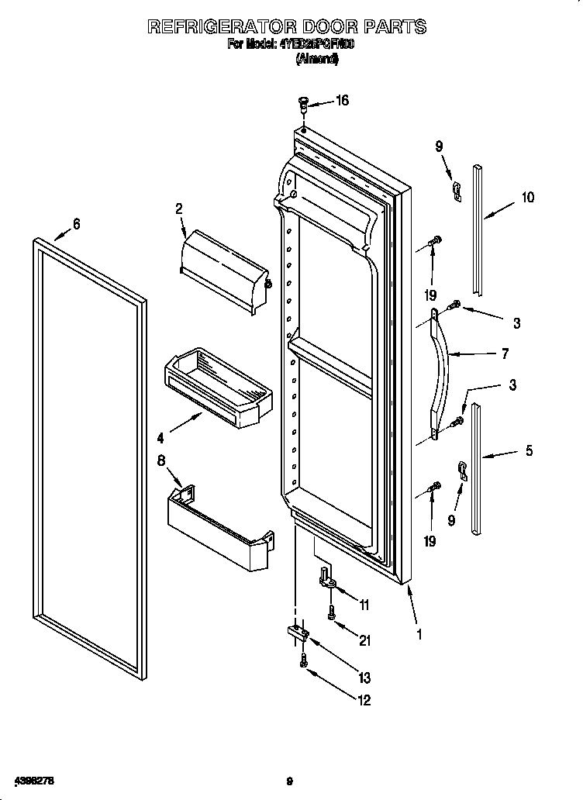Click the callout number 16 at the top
point(341,100)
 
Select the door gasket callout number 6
point(76,224)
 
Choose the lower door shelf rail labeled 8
point(219,531)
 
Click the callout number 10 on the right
point(527,198)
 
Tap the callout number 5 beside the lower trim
point(529,450)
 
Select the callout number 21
point(365,640)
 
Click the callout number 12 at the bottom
point(364,700)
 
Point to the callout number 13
point(364,678)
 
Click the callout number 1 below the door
point(419,633)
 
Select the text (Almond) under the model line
point(317,60)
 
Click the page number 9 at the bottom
point(288,781)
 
